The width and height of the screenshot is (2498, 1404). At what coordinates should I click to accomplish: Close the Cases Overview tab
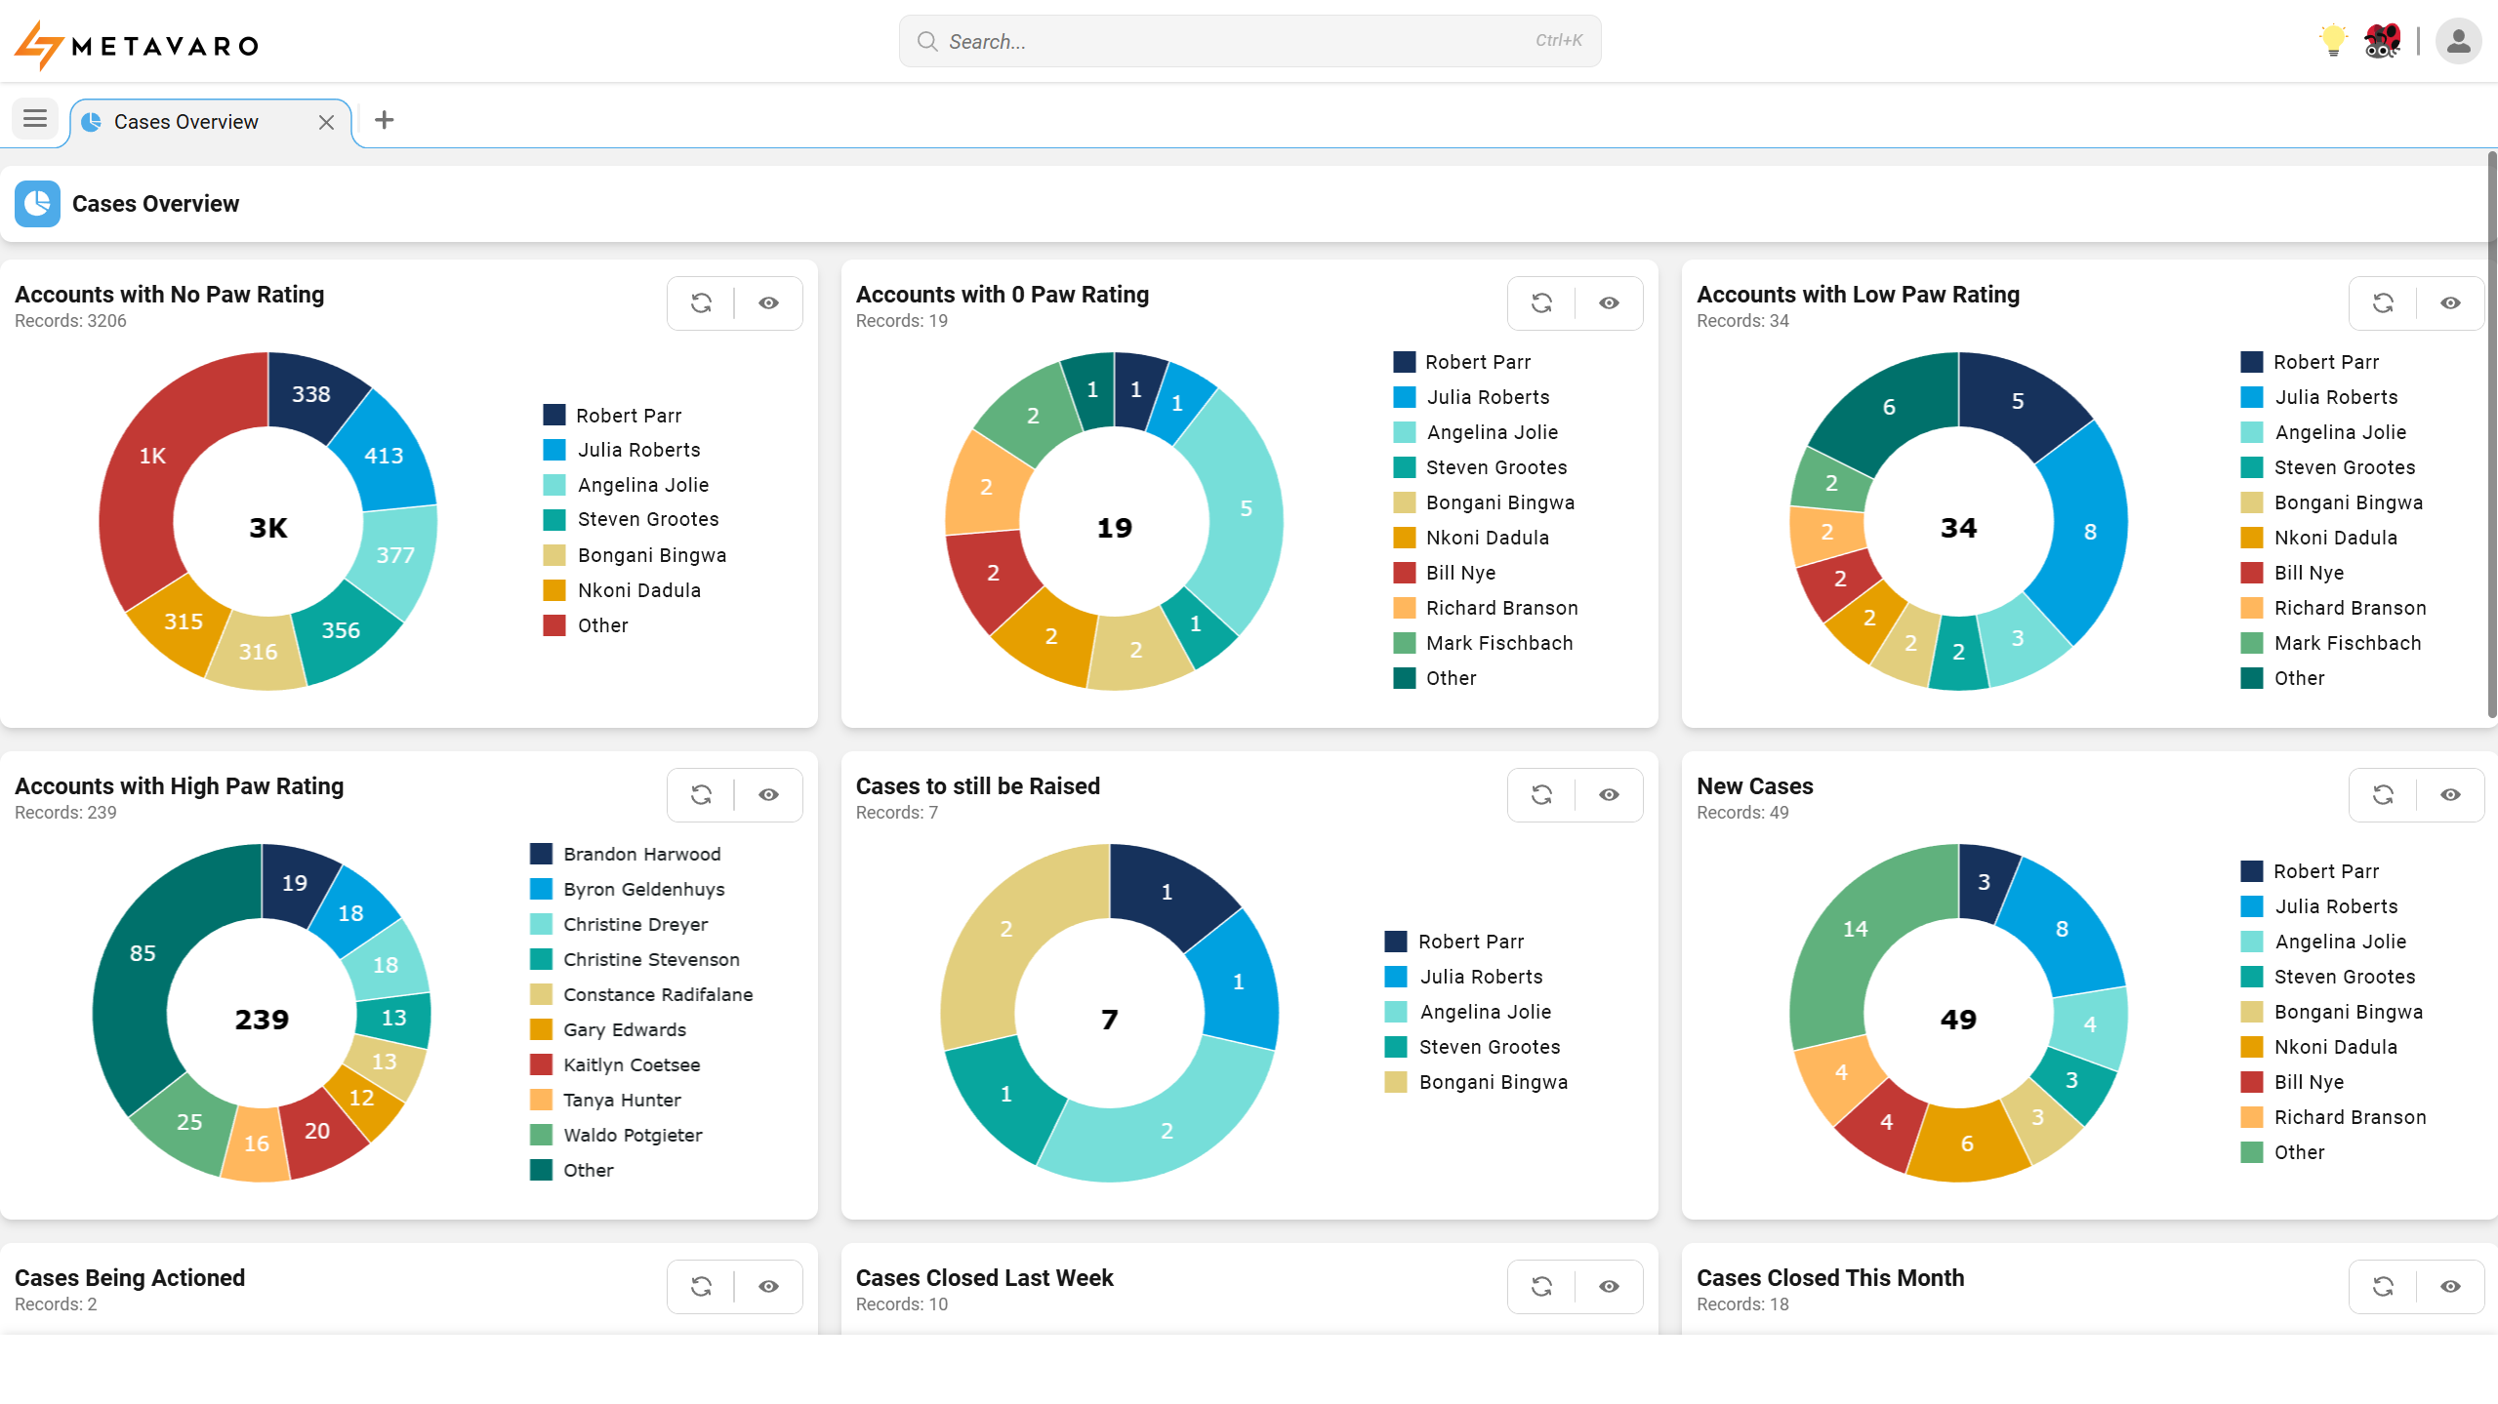tap(326, 122)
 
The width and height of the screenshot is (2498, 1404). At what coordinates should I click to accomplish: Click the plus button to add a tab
tap(385, 120)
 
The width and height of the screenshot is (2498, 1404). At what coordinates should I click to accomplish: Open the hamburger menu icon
tap(35, 119)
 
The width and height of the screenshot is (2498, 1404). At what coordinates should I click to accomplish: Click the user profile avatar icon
tap(2458, 41)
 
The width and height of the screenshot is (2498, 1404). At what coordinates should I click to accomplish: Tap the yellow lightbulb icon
tap(2332, 41)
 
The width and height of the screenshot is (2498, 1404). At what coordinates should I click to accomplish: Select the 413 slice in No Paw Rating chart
tap(384, 456)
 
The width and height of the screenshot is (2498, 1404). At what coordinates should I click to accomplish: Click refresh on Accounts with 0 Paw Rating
tap(1541, 303)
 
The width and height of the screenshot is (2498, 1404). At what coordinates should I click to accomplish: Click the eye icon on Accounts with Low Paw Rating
tap(2449, 303)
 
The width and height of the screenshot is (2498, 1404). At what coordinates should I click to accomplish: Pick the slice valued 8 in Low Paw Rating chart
tap(2089, 532)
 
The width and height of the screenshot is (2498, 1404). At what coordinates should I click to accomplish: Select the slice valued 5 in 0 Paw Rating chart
tap(1246, 508)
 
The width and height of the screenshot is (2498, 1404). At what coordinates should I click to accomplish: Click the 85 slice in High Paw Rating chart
tap(143, 953)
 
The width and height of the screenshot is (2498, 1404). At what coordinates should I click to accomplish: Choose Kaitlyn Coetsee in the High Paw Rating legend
tap(631, 1064)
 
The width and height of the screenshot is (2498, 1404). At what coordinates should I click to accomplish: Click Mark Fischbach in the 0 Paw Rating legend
tap(1498, 643)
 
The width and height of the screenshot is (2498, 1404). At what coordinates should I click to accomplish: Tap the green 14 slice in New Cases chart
tap(1855, 929)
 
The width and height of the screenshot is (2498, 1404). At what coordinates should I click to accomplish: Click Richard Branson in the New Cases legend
tap(2349, 1117)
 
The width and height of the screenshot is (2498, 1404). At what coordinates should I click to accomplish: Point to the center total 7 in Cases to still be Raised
tap(1109, 1020)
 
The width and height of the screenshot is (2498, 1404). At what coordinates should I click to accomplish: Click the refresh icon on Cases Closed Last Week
tap(1541, 1287)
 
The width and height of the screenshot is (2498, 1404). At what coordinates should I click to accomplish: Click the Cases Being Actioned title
tap(130, 1278)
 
